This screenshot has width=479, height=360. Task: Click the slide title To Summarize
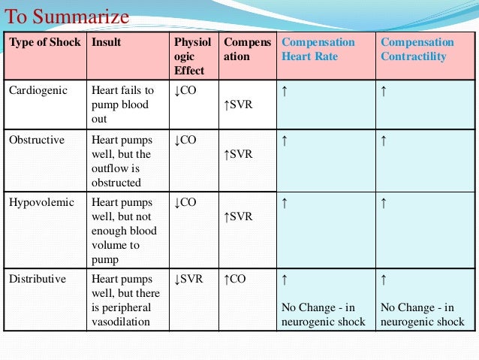[67, 16]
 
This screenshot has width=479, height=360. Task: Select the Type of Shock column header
[44, 42]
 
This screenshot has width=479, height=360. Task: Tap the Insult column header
[106, 42]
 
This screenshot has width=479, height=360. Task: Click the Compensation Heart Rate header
[317, 50]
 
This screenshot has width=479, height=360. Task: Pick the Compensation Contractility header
[417, 50]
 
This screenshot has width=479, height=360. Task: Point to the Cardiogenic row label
[38, 90]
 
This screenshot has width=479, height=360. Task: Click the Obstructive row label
[37, 140]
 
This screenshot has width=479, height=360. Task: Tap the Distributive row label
[38, 279]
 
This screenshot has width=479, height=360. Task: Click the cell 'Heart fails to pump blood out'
[122, 104]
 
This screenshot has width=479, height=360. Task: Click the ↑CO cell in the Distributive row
[236, 279]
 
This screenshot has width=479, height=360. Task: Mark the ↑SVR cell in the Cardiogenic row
[239, 104]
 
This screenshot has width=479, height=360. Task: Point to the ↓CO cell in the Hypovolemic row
[185, 202]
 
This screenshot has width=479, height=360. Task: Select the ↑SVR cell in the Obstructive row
[239, 154]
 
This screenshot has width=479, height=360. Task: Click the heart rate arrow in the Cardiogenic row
[285, 91]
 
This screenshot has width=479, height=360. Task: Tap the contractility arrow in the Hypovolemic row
[384, 202]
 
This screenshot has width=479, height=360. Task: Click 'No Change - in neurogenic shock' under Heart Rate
[323, 314]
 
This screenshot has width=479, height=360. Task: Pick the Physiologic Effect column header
[193, 56]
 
